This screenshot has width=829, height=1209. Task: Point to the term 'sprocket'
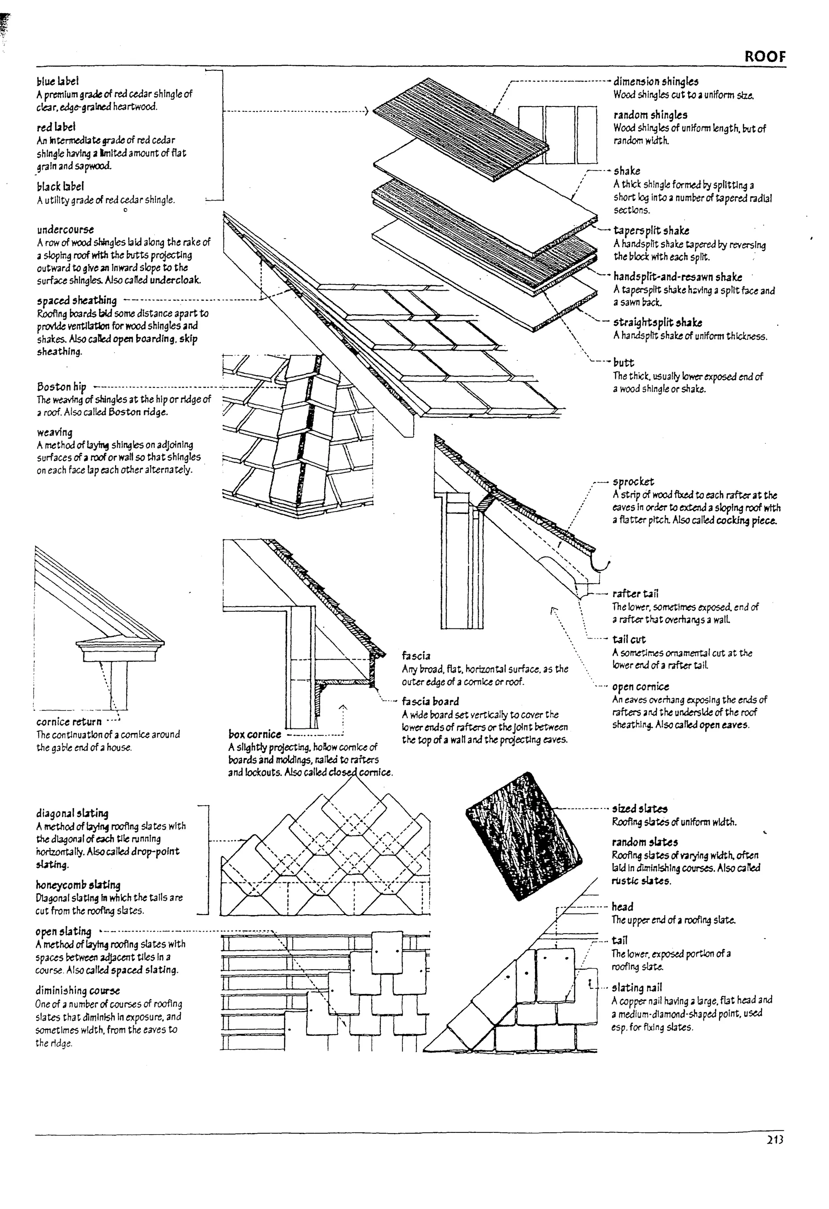(x=633, y=482)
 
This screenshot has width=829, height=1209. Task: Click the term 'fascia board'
(x=430, y=701)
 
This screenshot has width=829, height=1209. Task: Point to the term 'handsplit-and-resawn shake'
(x=677, y=277)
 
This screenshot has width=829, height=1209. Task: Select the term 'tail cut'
(x=629, y=639)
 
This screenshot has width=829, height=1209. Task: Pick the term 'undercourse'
(x=66, y=230)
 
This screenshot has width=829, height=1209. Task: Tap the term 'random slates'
(x=644, y=842)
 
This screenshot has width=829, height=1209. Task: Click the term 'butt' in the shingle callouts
(x=623, y=363)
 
